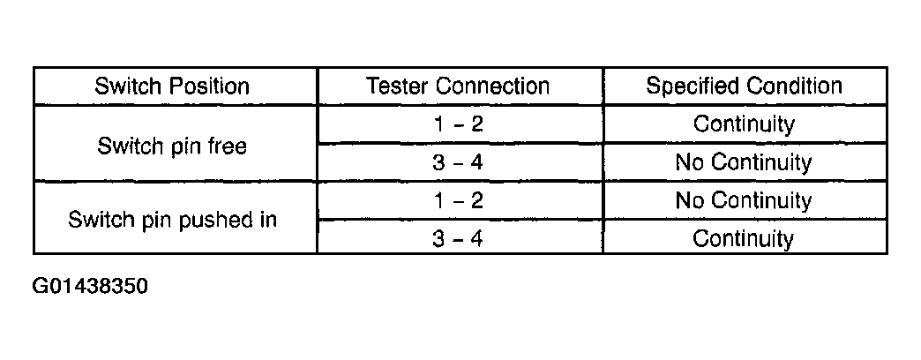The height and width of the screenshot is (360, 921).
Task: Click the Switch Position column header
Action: [172, 86]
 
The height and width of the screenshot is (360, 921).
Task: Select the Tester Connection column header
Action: [458, 86]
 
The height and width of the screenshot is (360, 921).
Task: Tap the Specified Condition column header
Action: [745, 86]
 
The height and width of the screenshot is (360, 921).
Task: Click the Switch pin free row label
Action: [172, 146]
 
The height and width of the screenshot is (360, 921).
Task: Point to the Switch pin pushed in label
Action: [172, 220]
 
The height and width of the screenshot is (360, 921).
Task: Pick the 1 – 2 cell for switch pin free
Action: [458, 124]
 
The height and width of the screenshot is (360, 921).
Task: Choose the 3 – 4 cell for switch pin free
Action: [458, 162]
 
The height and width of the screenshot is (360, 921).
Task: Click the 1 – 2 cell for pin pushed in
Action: [458, 201]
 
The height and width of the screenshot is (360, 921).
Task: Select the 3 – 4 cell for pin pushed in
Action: [458, 239]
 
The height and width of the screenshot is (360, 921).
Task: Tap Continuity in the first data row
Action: [744, 124]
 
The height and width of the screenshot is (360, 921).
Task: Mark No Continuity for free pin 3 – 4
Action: [744, 162]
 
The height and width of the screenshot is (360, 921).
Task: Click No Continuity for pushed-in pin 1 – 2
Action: [744, 201]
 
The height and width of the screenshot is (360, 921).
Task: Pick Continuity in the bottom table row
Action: [744, 239]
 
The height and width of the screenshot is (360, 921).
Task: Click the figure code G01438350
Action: [91, 287]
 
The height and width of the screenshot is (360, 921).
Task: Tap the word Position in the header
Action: [209, 86]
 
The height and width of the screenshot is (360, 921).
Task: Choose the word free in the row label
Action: [227, 145]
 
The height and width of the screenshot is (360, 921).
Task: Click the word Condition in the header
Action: [790, 86]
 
